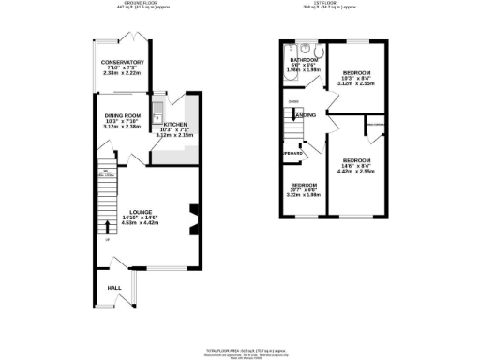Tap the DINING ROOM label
pos(122,115)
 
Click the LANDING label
pos(307,115)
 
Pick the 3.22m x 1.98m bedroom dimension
pos(304,195)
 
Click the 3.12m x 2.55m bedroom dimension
pos(357,82)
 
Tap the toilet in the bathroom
pos(318,51)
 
